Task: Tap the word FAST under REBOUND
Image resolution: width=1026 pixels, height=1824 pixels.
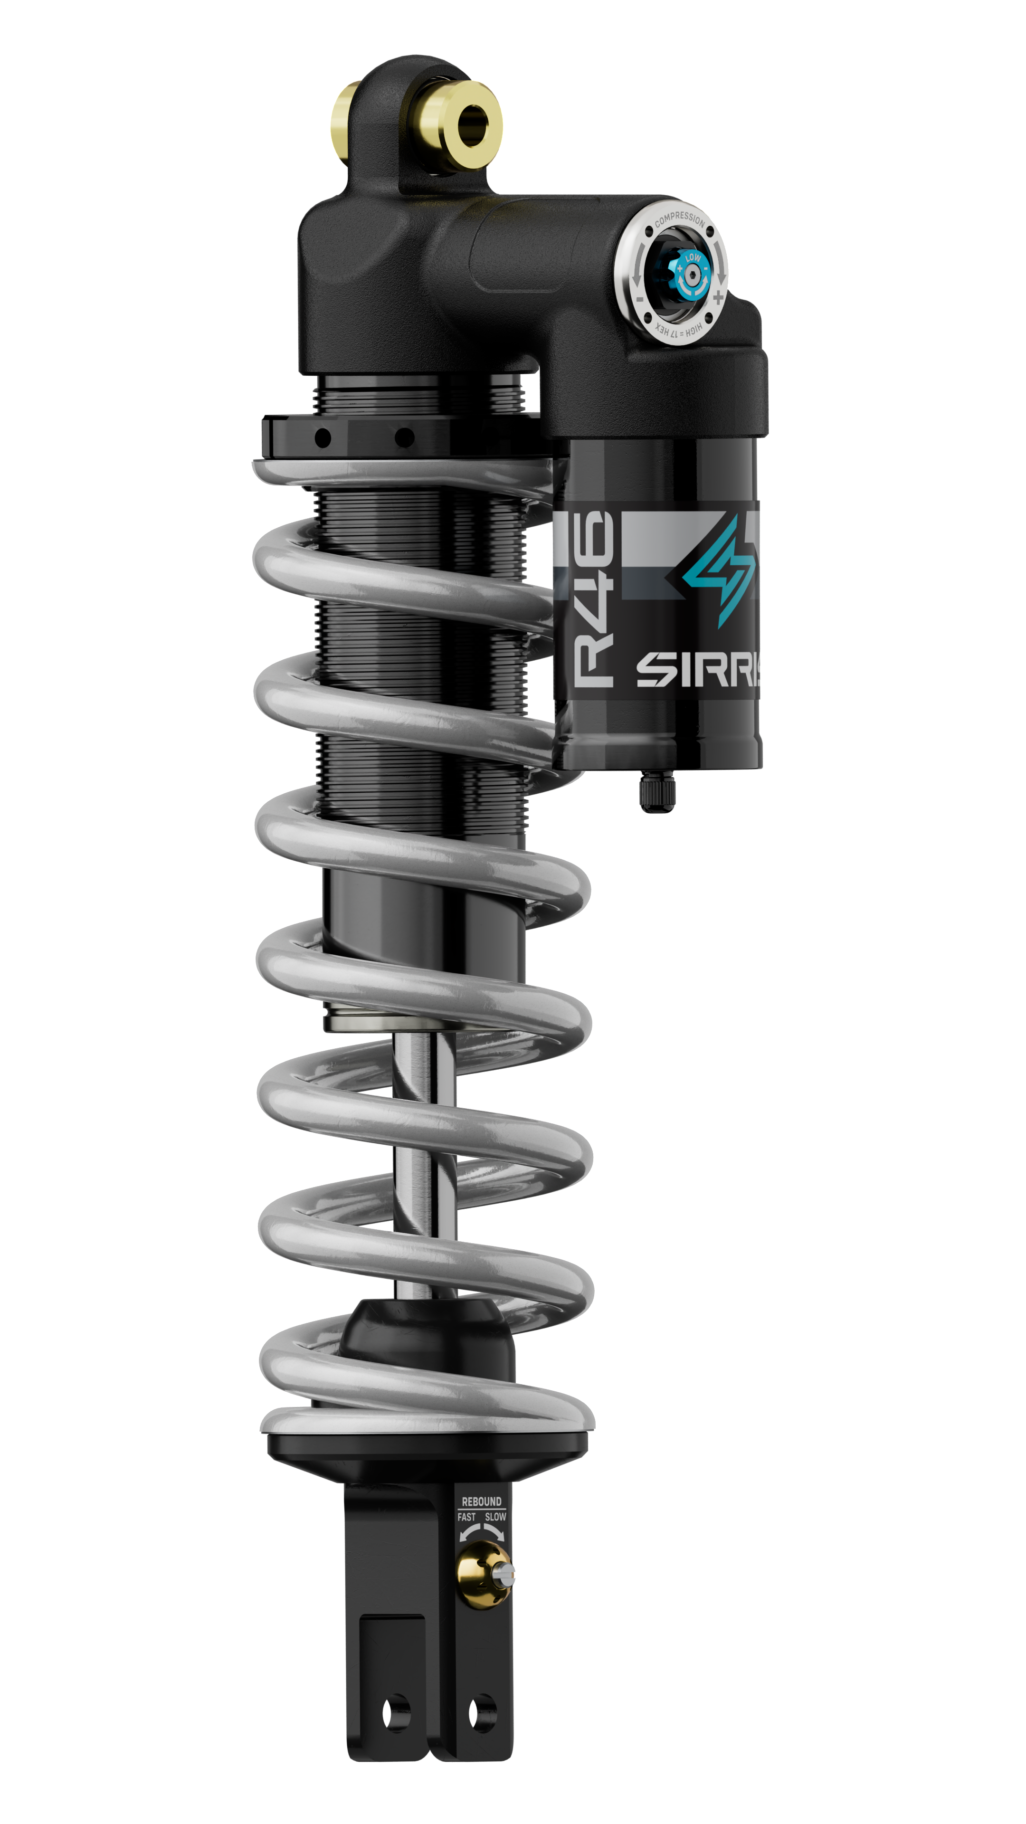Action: (466, 1517)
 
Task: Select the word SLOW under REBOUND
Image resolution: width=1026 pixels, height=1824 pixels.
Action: (495, 1517)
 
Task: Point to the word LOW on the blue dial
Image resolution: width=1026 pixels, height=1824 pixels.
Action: (693, 258)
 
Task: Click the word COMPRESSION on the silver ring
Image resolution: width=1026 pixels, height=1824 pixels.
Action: (679, 219)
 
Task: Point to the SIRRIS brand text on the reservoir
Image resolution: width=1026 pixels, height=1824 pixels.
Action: (697, 669)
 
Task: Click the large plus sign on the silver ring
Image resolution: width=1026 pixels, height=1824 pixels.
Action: (718, 297)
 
